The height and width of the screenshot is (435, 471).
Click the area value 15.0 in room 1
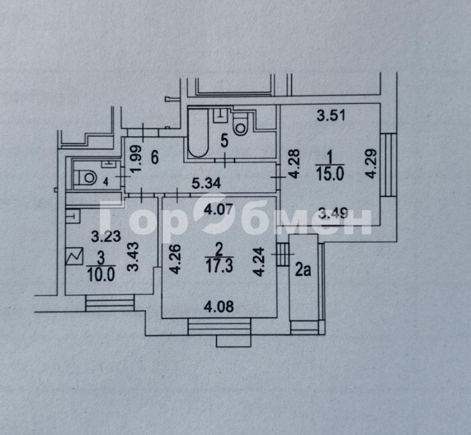click(330, 175)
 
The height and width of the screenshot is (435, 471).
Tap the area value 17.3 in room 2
click(220, 266)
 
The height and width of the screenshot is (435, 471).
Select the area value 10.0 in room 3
click(101, 275)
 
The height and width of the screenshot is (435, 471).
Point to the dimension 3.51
click(331, 115)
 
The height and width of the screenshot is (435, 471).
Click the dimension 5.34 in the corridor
click(207, 183)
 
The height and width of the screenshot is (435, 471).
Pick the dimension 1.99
click(136, 159)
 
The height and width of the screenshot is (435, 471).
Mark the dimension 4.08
click(218, 307)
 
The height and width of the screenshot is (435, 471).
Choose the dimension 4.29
click(372, 164)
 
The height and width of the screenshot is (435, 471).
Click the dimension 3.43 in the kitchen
click(133, 257)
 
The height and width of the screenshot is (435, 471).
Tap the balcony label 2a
click(303, 270)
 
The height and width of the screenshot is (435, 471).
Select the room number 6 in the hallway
click(155, 158)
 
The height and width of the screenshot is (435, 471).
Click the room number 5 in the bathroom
click(224, 140)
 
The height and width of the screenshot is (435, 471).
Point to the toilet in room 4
click(85, 178)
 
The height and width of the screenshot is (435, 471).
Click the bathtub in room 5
click(198, 133)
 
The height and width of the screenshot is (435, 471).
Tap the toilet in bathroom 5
click(241, 124)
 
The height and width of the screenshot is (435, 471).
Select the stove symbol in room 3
click(75, 256)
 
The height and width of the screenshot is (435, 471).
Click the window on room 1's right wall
click(389, 165)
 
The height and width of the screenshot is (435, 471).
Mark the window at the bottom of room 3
click(110, 303)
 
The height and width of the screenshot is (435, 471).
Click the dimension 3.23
click(106, 236)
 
